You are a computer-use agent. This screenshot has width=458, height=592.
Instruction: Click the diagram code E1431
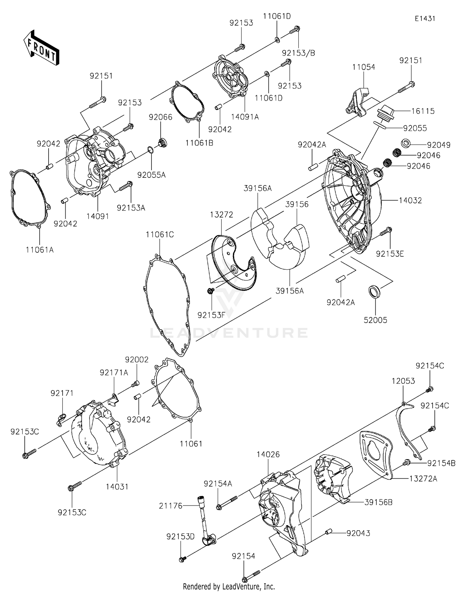point(425,18)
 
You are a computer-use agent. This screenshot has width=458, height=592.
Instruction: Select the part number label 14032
point(410,200)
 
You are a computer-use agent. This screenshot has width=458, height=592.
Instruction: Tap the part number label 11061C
point(160,235)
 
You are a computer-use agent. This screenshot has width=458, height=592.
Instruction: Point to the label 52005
point(375,320)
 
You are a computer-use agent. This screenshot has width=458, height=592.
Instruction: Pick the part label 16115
point(423,111)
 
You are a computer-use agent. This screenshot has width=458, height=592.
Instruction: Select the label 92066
point(161,117)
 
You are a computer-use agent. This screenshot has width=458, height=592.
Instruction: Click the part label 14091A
point(245,117)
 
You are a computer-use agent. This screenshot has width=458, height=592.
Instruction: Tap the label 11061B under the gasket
point(199,143)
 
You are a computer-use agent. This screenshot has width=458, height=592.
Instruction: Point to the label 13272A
point(423,479)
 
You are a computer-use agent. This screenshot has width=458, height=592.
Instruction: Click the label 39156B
point(378,502)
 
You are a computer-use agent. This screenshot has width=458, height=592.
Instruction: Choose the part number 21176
point(170,506)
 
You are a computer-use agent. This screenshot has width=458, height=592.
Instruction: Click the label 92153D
point(180,537)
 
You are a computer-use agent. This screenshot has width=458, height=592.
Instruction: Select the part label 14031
point(117,487)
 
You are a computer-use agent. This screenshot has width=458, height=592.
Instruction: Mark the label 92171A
point(114,372)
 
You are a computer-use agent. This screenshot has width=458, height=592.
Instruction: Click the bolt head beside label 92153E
point(389,229)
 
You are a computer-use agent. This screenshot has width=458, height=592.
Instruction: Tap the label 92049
point(438,145)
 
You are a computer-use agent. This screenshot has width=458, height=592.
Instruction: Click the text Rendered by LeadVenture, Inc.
point(229,587)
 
